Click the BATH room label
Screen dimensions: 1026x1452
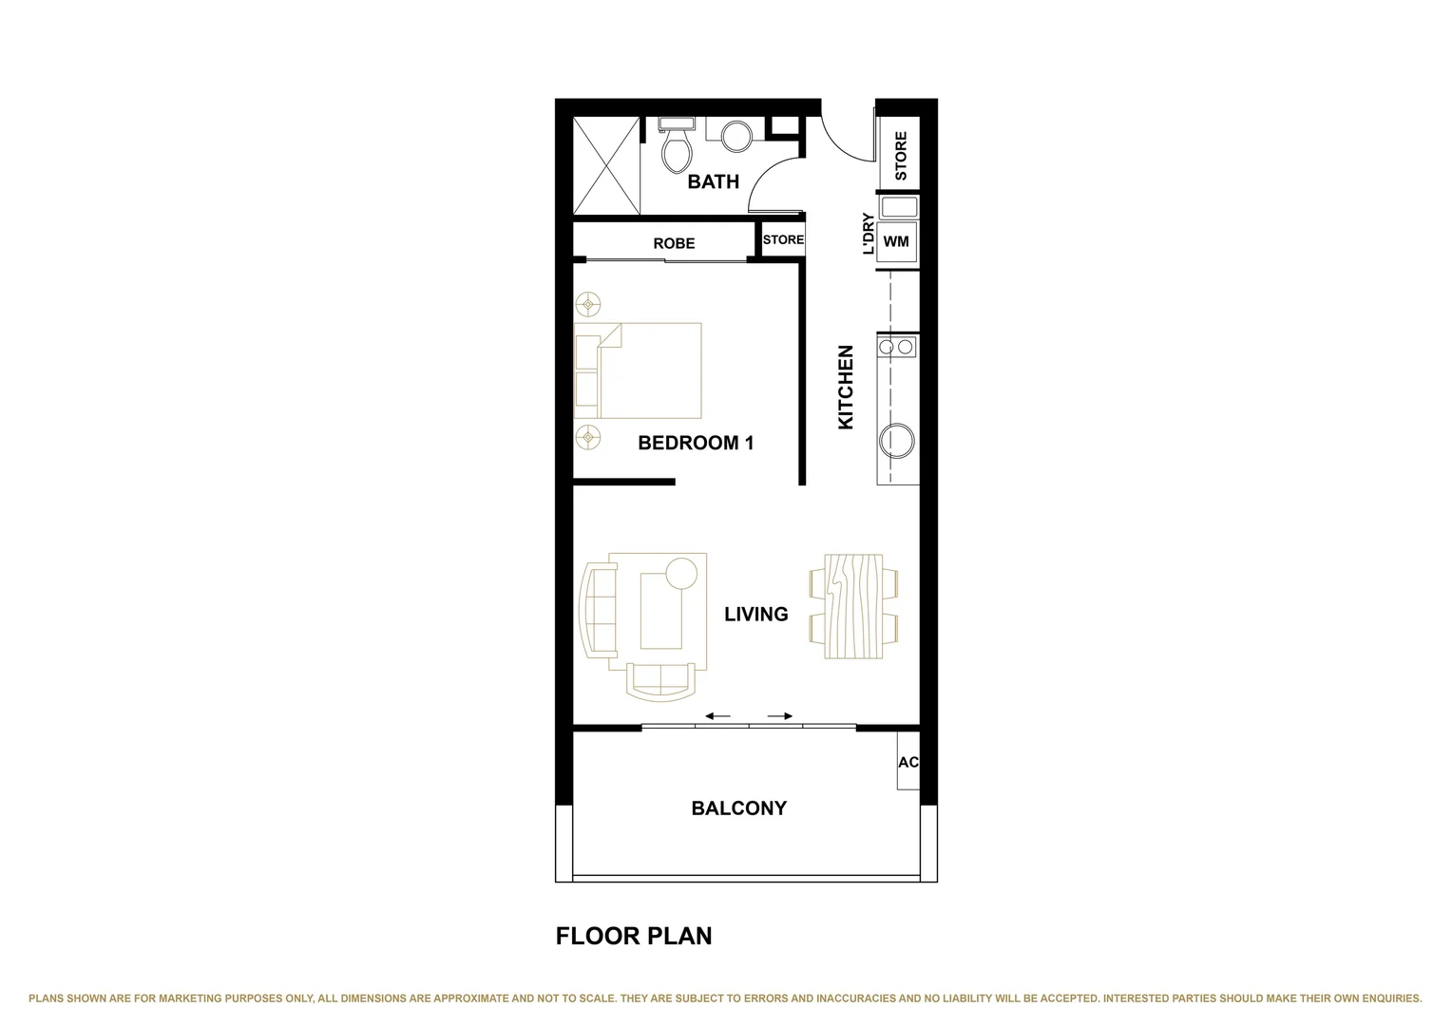[x=713, y=181]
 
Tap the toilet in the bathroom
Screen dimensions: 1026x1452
[x=677, y=147]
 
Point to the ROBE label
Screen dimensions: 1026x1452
[x=674, y=243]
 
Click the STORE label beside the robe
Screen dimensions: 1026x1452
[x=783, y=239]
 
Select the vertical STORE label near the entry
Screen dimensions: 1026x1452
[x=900, y=156]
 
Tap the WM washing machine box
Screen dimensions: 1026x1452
[x=896, y=241]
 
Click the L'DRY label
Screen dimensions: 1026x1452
[x=868, y=234]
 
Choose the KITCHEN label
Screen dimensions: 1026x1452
[x=846, y=387]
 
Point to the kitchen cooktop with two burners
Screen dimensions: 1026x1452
[x=897, y=348]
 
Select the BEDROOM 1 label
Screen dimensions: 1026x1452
[x=696, y=443]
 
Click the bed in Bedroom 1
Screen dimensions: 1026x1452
[x=638, y=370]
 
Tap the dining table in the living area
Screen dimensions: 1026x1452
[x=853, y=607]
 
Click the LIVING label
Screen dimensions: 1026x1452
[x=755, y=615]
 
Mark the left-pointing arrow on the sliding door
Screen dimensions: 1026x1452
[x=717, y=716]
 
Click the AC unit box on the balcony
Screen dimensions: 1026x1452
[x=907, y=762]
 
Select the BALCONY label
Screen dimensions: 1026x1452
[x=738, y=808]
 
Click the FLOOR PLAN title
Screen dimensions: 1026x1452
[x=633, y=936]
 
